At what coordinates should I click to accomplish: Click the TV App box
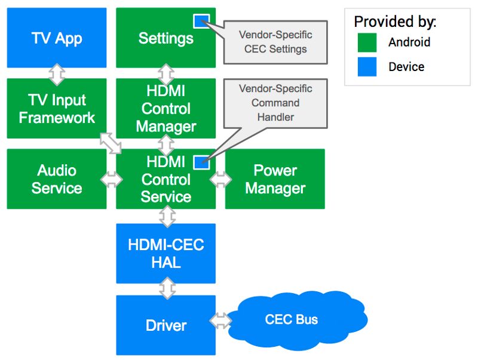click(x=57, y=38)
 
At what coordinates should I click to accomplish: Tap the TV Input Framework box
click(x=57, y=109)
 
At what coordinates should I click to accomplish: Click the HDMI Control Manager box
click(x=166, y=109)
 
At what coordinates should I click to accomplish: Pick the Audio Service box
click(x=57, y=179)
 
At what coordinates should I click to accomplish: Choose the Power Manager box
click(x=275, y=179)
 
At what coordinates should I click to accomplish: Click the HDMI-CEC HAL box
click(x=166, y=253)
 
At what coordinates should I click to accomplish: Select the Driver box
click(x=166, y=325)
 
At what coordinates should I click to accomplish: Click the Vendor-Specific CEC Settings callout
click(x=275, y=42)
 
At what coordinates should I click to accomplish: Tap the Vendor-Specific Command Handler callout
click(x=275, y=103)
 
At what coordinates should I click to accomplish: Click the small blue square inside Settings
click(x=201, y=21)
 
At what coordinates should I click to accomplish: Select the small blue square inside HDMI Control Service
click(x=201, y=162)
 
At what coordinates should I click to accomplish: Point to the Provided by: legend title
click(x=395, y=22)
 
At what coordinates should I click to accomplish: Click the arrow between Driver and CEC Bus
click(x=220, y=321)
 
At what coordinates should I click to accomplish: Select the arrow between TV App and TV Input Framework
click(x=57, y=73)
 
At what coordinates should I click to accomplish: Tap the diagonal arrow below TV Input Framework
click(x=111, y=143)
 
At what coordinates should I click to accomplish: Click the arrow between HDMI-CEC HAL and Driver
click(x=167, y=290)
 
